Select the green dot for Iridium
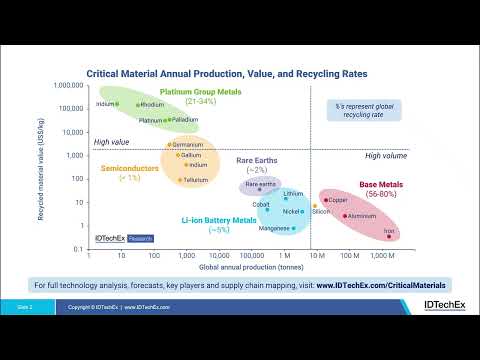pos(117,104)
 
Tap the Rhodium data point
pos(137,104)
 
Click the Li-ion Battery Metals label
pos(219,220)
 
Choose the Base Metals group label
pos(379,184)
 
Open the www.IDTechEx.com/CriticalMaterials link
pos(380,284)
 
